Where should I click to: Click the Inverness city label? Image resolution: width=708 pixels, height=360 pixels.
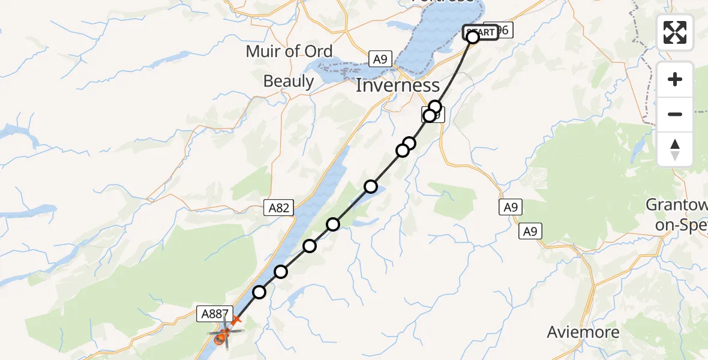click(x=398, y=85)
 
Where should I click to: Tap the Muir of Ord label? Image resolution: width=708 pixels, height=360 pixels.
click(x=289, y=52)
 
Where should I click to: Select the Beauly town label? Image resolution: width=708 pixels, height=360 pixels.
click(x=289, y=81)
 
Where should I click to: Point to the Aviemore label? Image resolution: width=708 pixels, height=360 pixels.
click(x=580, y=332)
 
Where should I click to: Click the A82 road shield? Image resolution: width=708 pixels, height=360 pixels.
click(x=279, y=208)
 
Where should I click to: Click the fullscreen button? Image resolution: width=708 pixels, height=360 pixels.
click(x=675, y=32)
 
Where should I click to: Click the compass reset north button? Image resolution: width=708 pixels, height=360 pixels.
click(x=675, y=149)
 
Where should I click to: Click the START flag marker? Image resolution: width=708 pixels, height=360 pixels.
click(x=481, y=32)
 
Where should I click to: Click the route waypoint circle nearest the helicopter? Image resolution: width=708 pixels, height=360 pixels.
click(x=259, y=292)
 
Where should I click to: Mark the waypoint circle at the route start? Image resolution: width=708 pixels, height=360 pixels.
click(x=473, y=37)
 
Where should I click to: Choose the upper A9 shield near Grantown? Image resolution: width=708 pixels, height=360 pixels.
click(x=510, y=208)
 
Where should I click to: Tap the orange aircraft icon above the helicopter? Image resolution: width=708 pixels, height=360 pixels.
click(x=235, y=322)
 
